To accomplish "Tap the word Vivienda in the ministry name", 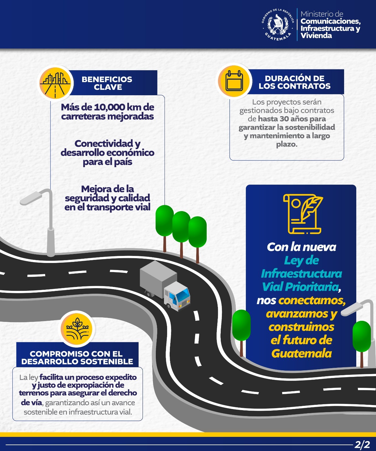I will point(316,36).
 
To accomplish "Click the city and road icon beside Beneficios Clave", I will point(55,83).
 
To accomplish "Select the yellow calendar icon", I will point(234,81).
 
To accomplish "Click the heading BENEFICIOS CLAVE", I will point(107,83).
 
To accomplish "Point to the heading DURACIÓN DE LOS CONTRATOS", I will point(294,82).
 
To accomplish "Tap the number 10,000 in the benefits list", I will point(110,107).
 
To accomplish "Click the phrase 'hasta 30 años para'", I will point(292,119).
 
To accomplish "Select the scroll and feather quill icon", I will point(303,214).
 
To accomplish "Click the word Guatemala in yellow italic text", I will point(301,353).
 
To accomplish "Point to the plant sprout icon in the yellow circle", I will point(77,329).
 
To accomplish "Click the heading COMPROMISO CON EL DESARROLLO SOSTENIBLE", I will point(77,357).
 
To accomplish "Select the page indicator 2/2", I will point(362,445).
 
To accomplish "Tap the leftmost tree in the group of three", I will point(164,221).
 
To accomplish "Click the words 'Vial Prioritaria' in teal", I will point(300,287).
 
